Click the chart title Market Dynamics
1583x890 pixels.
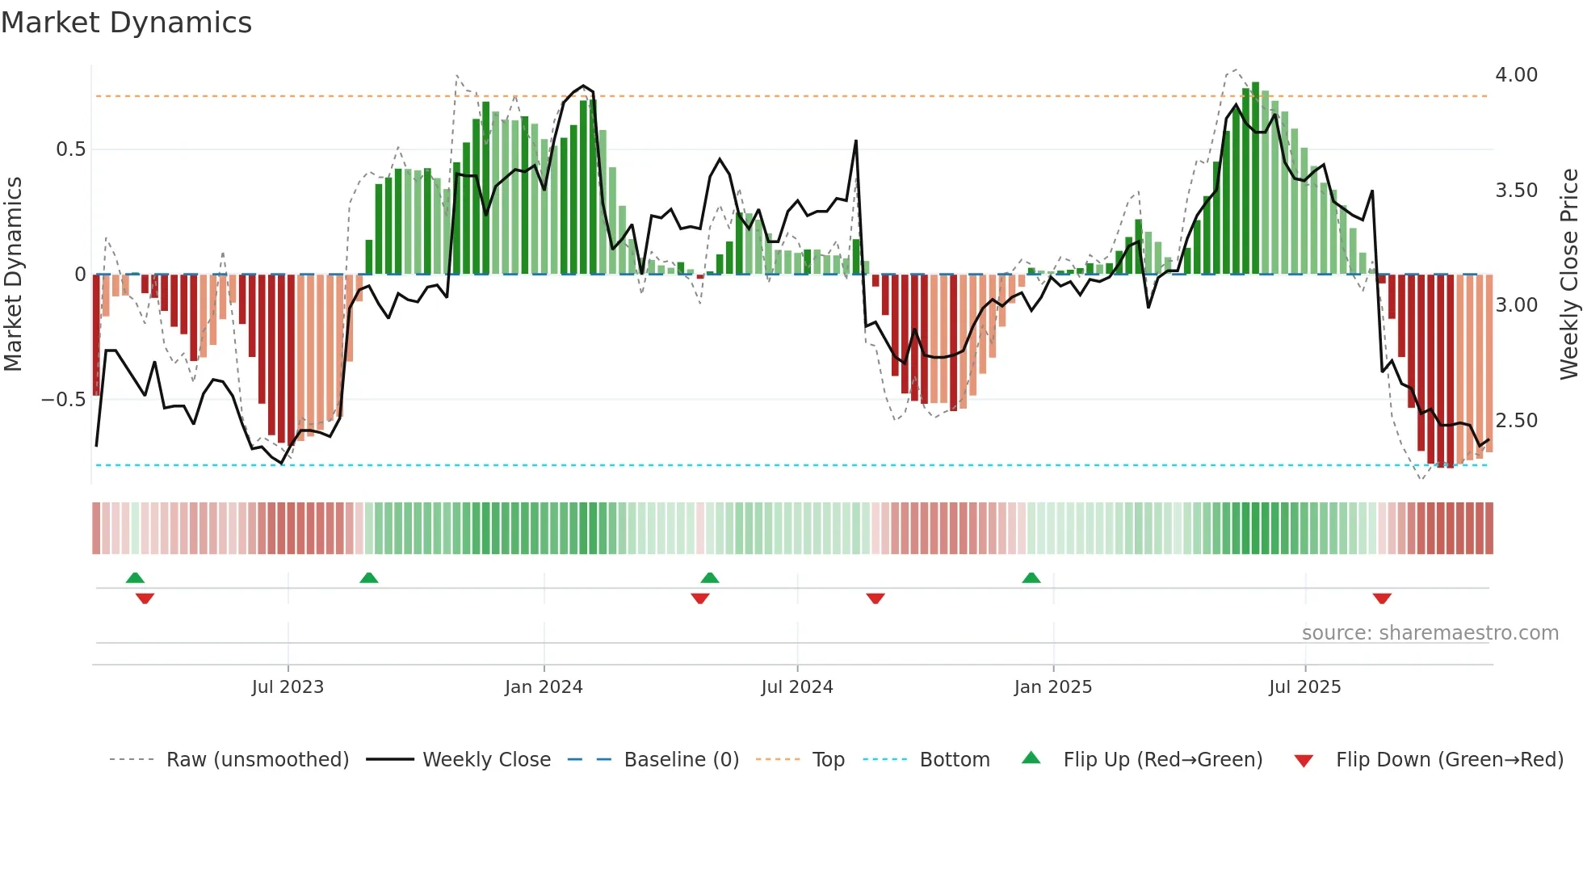126,23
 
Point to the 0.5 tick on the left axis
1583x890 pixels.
70,149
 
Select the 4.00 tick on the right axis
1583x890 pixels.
1516,75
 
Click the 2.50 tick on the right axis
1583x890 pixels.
1516,421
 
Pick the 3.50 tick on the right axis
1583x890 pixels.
1516,191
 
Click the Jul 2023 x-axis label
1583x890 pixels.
288,687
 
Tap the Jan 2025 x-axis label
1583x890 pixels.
1052,687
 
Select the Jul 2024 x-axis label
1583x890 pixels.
796,687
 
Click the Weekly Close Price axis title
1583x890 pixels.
1568,275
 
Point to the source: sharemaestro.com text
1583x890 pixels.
1430,633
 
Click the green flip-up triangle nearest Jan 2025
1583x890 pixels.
1031,578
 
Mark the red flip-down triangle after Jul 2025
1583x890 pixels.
1382,598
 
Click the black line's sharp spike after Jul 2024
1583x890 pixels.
856,142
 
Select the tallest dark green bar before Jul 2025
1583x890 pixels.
1255,178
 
